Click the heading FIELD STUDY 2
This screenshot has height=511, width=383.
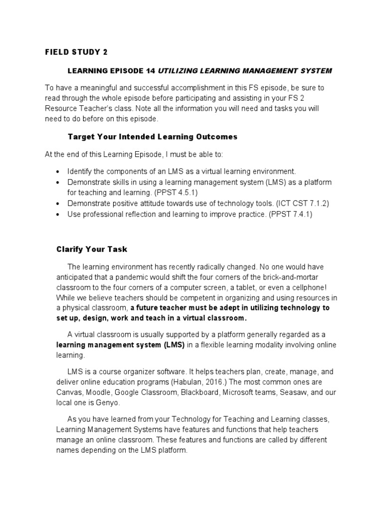[x=76, y=51]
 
